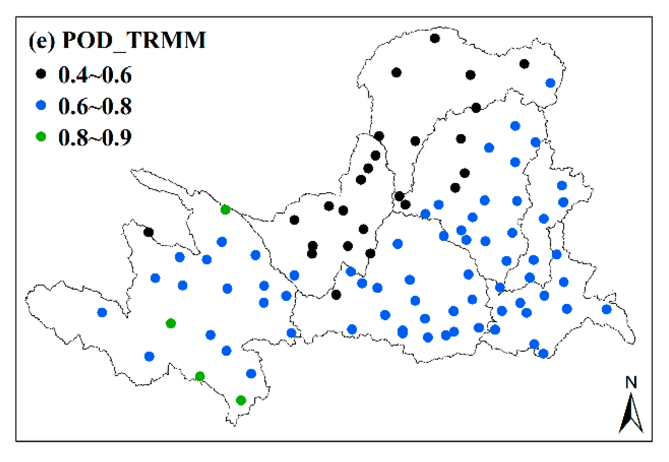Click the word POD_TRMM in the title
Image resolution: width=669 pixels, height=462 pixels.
tap(134, 40)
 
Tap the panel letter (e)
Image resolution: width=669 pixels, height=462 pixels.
tap(42, 40)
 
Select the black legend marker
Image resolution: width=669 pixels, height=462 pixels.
tap(41, 74)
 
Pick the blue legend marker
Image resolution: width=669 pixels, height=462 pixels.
tap(41, 105)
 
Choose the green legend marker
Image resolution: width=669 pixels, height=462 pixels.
tap(41, 136)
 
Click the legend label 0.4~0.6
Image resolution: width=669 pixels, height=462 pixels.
tap(95, 75)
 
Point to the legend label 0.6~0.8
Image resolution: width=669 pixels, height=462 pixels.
tap(95, 106)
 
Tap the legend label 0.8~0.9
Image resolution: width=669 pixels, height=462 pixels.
tap(95, 138)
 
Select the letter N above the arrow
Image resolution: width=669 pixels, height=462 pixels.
tap(631, 383)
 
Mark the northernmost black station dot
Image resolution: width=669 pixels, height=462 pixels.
tap(435, 38)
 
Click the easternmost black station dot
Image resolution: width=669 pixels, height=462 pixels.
tap(524, 64)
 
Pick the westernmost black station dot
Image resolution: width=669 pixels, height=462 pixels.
tap(148, 232)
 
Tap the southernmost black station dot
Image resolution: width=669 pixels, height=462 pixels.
tap(336, 295)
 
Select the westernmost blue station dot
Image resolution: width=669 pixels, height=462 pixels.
tap(102, 312)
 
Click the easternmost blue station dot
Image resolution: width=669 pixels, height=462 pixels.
tap(606, 309)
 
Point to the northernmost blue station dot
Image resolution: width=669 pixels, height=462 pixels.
tap(550, 83)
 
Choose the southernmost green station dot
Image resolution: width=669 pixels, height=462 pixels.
tap(241, 400)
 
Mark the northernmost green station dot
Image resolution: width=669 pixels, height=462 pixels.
tap(225, 210)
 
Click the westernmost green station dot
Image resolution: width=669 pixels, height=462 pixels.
tap(171, 323)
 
